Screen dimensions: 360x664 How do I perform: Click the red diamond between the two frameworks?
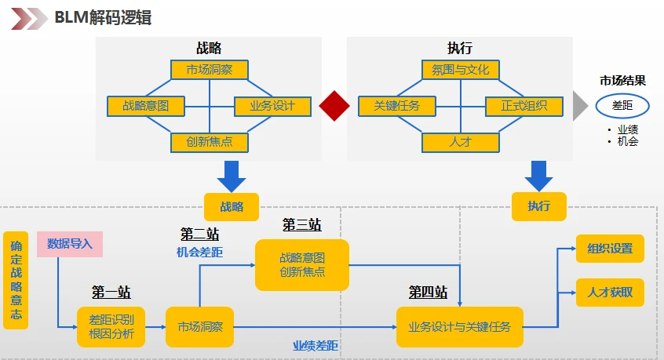pyautogui.click(x=334, y=106)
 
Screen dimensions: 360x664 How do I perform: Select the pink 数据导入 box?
pyautogui.click(x=70, y=244)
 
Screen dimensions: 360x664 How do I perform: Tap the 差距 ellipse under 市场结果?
pyautogui.click(x=622, y=105)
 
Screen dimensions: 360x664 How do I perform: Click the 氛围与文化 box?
pyautogui.click(x=460, y=70)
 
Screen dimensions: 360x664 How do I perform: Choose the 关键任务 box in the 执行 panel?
pyautogui.click(x=396, y=106)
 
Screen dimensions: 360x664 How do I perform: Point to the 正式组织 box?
pyautogui.click(x=524, y=106)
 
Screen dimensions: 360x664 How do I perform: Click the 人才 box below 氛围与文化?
pyautogui.click(x=460, y=142)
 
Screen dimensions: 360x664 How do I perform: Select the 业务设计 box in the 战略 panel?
pyautogui.click(x=272, y=106)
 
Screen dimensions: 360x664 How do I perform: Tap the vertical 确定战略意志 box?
pyautogui.click(x=16, y=280)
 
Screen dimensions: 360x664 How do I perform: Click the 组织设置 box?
pyautogui.click(x=610, y=249)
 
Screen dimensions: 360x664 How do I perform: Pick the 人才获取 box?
pyautogui.click(x=610, y=293)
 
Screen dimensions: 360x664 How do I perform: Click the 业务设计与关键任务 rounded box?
pyautogui.click(x=460, y=326)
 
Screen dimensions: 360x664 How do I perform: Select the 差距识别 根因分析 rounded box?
pyautogui.click(x=111, y=326)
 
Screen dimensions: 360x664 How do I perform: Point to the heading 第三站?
pyautogui.click(x=302, y=225)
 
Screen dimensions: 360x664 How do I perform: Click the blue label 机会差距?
pyautogui.click(x=199, y=253)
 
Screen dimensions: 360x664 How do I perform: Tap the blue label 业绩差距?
pyautogui.click(x=316, y=345)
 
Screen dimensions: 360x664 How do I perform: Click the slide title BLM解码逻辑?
pyautogui.click(x=103, y=17)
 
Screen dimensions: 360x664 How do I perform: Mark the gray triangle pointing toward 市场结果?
pyautogui.click(x=579, y=106)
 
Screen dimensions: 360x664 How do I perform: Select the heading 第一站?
pyautogui.click(x=111, y=293)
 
